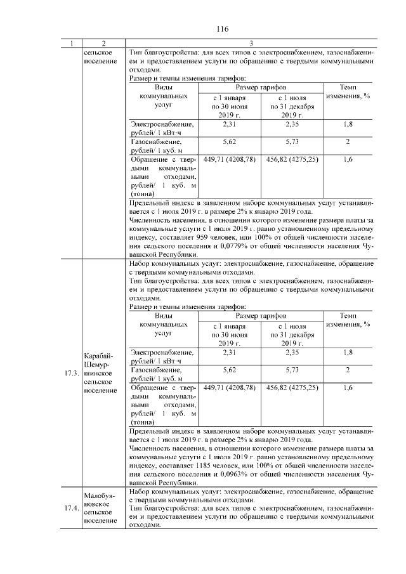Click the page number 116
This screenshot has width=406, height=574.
[222, 29]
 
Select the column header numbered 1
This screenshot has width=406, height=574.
[72, 43]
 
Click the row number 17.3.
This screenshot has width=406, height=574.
[72, 373]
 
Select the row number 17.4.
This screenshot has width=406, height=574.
[72, 508]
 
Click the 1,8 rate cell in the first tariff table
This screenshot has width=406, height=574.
[348, 125]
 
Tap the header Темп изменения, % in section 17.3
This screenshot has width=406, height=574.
[348, 320]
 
